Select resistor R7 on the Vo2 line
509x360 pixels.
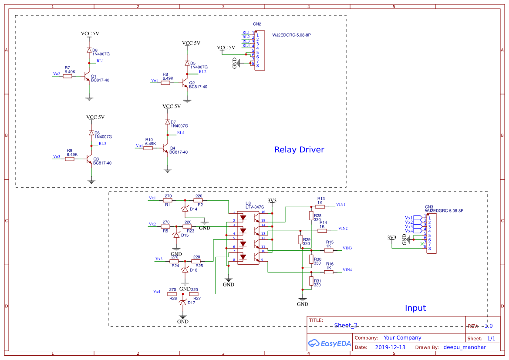pos(67,76)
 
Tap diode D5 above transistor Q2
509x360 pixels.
pos(187,64)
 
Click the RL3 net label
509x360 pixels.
pos(102,143)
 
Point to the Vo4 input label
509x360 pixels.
pos(139,146)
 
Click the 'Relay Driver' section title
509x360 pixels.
pos(299,150)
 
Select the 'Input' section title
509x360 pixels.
pos(415,308)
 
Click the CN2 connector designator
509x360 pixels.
pos(257,24)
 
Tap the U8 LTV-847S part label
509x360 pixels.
pos(255,205)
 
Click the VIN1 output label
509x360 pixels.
pos(340,204)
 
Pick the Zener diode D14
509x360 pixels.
pos(185,209)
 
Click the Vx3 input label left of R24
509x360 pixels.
pos(159,259)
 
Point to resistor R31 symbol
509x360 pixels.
pos(311,281)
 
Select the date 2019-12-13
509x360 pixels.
pos(390,347)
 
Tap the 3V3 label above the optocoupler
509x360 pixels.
pos(272,201)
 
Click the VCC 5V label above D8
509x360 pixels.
pos(90,34)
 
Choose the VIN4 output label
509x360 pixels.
pos(347,270)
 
